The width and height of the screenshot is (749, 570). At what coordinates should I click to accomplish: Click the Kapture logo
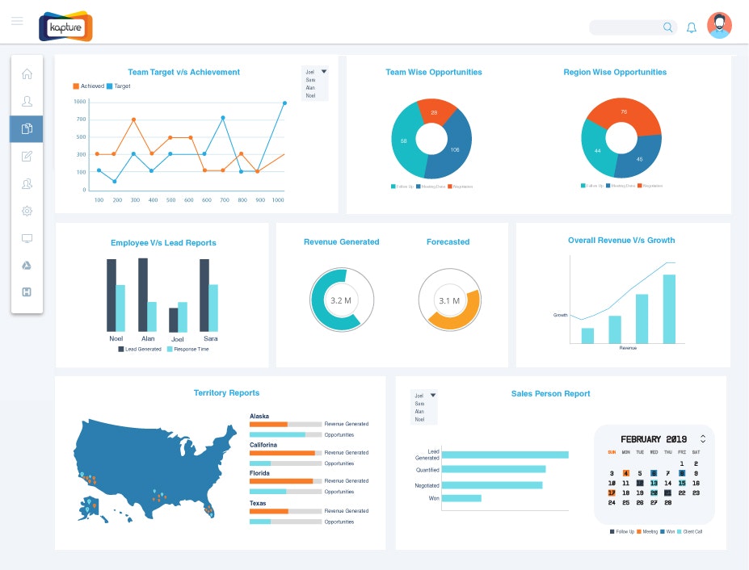click(x=65, y=26)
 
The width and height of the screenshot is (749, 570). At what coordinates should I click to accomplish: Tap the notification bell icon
click(x=692, y=27)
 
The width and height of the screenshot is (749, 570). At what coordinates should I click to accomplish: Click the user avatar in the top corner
click(x=719, y=26)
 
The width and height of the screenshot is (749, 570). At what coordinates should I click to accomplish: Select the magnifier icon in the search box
click(x=668, y=27)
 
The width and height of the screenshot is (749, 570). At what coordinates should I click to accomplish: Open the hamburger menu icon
click(x=17, y=21)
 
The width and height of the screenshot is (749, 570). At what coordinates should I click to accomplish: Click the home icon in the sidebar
click(x=27, y=74)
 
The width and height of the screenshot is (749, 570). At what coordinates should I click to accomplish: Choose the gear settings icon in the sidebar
click(x=27, y=211)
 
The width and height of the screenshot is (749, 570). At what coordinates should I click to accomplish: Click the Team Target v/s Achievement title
click(x=183, y=72)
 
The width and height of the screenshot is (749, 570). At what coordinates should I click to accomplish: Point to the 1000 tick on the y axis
click(x=79, y=102)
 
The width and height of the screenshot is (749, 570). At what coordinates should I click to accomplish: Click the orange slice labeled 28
click(x=433, y=112)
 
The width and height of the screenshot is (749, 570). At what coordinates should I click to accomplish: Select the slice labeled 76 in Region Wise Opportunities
click(x=623, y=112)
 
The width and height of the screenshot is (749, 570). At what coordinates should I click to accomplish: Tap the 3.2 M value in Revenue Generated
click(x=341, y=300)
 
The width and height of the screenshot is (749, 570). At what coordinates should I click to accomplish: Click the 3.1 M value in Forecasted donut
click(x=449, y=301)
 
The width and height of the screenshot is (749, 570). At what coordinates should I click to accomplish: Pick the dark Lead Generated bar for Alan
click(x=143, y=295)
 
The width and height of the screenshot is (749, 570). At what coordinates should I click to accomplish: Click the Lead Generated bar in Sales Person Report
click(x=505, y=455)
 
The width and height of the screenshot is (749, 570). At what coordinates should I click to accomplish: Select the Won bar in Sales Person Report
click(x=461, y=498)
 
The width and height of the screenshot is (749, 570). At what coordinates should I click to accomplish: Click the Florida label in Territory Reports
click(x=260, y=473)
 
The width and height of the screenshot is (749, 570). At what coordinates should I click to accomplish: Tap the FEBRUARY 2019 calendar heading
click(x=652, y=439)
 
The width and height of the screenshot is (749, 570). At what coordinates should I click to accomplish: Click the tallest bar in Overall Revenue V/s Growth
click(x=669, y=309)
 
